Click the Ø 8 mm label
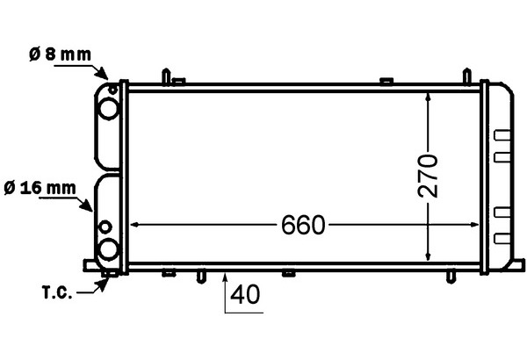click(x=60, y=54)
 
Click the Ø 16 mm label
click(x=40, y=188)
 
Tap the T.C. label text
click(x=57, y=292)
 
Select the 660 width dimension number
click(x=303, y=225)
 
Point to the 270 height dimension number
click(x=428, y=176)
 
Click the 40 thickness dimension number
click(x=245, y=294)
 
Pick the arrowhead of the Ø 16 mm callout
click(x=86, y=205)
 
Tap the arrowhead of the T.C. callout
click(x=102, y=285)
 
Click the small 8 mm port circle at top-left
click(x=113, y=90)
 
